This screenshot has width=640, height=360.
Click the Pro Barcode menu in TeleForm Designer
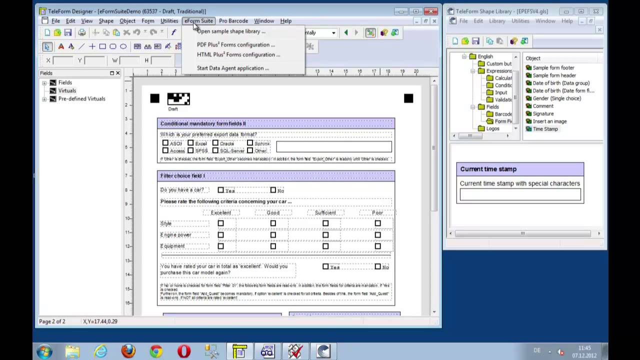(x=233, y=21)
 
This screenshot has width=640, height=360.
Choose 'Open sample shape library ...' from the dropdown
(x=231, y=31)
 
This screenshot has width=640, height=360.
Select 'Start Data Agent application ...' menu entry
(x=232, y=68)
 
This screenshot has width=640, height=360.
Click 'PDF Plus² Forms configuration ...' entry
(x=235, y=44)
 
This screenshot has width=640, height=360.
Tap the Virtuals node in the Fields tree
(x=67, y=90)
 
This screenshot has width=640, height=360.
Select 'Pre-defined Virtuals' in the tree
(x=81, y=98)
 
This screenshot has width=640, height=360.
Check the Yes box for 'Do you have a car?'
(x=220, y=190)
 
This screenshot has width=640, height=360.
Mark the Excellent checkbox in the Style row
(x=220, y=223)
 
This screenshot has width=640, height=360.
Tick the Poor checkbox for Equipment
(x=377, y=246)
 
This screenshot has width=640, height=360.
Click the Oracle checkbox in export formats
(x=215, y=143)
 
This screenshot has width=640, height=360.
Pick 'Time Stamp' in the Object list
(x=545, y=129)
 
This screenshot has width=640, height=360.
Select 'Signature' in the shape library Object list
(x=543, y=113)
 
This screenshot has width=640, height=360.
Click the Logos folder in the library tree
(x=492, y=128)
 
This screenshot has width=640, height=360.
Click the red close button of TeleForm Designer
(x=430, y=11)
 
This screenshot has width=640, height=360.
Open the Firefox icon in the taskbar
(x=128, y=351)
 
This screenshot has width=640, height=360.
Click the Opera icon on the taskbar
(x=183, y=351)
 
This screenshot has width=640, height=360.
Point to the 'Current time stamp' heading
(x=488, y=169)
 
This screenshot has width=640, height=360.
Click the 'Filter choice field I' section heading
(x=182, y=175)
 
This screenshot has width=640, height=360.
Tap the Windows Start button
(x=44, y=351)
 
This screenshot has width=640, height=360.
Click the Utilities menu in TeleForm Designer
(x=169, y=21)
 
